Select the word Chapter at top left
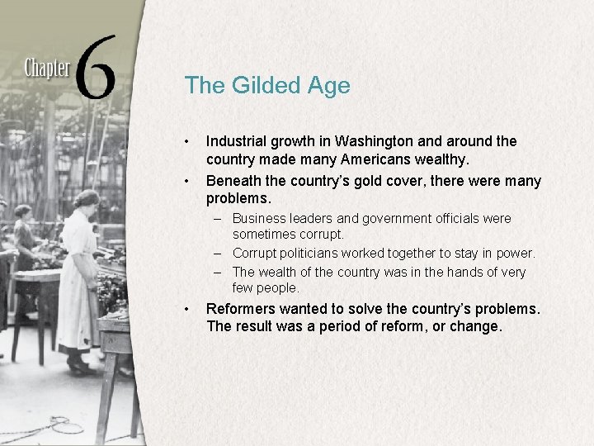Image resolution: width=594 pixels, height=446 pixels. (x=47, y=67)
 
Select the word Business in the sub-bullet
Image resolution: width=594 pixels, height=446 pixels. (x=259, y=219)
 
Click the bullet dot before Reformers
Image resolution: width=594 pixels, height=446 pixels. (x=189, y=309)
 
